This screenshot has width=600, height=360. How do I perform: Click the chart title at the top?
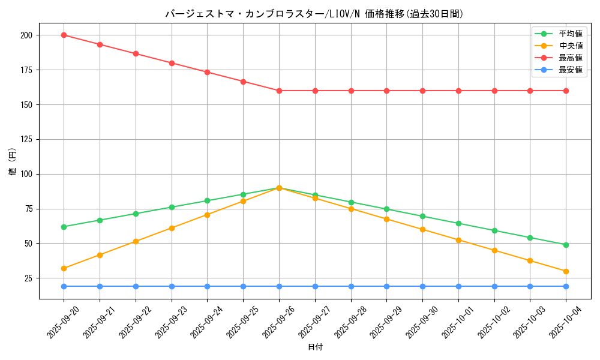pos(314,14)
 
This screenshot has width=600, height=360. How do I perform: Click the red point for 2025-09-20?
pos(64,35)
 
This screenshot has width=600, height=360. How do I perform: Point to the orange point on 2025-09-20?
pos(64,268)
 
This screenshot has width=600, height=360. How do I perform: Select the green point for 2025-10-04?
pos(566,245)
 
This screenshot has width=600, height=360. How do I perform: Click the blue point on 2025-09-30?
pos(422,286)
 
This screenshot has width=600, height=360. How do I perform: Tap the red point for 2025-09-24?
pos(207,72)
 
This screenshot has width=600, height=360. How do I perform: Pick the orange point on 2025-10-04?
pos(566,271)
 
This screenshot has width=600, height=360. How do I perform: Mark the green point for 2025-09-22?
pos(136,214)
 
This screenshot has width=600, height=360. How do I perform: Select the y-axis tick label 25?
pos(28,278)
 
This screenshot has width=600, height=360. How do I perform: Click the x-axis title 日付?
pos(315,347)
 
